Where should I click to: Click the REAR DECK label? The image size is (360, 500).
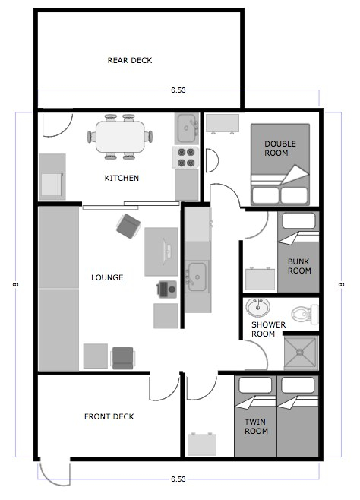[130, 60]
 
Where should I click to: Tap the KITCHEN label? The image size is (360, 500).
[122, 178]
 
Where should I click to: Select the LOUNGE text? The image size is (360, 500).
[107, 277]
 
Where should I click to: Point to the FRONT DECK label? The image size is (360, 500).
[109, 416]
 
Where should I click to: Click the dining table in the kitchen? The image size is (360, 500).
[120, 137]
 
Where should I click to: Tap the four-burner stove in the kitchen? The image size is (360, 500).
[186, 157]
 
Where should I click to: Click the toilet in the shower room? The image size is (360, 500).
[305, 314]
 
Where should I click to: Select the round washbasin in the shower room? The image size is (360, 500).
[257, 308]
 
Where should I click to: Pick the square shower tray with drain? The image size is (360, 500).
[301, 352]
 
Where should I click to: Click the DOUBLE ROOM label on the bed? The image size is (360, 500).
[280, 148]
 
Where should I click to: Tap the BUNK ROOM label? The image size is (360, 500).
[299, 266]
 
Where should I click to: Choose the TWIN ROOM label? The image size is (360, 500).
[256, 426]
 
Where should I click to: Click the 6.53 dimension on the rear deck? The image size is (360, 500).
[178, 90]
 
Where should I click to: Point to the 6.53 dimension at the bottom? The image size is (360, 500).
[178, 479]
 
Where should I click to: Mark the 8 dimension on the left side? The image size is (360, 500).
[16, 284]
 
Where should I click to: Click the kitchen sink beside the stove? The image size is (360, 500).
[187, 128]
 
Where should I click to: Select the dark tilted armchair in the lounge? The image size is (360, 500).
[128, 226]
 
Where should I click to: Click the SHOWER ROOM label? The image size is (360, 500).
[268, 329]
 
